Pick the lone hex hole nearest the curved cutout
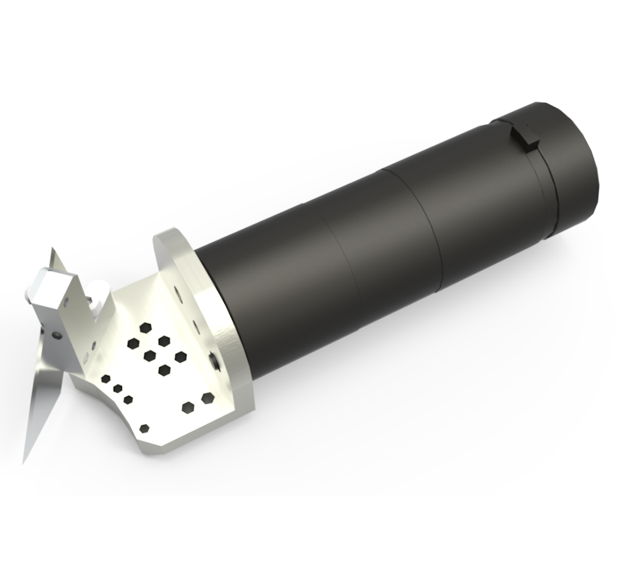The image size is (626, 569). click(x=144, y=428)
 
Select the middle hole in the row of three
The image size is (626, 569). click(x=117, y=389)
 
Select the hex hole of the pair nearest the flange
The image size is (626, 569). click(x=207, y=397)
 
